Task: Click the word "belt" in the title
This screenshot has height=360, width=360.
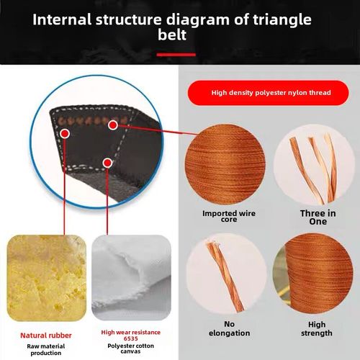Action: [172, 35]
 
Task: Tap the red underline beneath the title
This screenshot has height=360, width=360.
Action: [176, 55]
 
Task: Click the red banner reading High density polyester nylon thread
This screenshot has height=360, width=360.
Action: [268, 93]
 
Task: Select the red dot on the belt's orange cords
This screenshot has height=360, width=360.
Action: [113, 125]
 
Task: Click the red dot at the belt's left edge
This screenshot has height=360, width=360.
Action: [65, 133]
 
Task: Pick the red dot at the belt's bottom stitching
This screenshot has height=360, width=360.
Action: [107, 163]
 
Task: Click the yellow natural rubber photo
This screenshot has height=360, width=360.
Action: [47, 278]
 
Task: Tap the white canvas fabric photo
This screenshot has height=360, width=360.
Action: [131, 278]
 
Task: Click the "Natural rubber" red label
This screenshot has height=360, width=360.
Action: [46, 336]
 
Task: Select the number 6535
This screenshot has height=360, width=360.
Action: [131, 338]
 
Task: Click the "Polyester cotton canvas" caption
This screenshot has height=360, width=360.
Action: [131, 348]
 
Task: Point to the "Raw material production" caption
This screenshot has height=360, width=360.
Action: [46, 350]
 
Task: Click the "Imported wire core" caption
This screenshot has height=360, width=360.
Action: [229, 216]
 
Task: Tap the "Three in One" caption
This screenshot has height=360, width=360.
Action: [318, 217]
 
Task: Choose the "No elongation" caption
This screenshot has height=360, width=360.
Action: [229, 328]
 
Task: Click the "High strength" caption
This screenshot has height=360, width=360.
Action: [317, 329]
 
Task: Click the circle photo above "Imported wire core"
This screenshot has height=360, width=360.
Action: [225, 164]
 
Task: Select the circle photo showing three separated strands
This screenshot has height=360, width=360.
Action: [314, 165]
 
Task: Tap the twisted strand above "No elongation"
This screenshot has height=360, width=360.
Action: [225, 276]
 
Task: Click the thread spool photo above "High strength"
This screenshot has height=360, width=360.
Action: [313, 273]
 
